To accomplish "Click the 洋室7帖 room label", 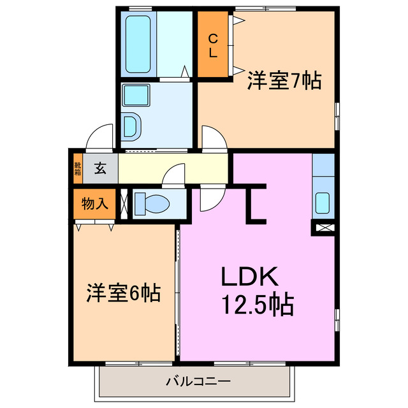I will pos(284,82).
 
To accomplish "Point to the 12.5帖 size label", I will pos(258,305).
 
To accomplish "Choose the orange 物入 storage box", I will pos(94,204).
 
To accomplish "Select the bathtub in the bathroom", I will pos(138,44).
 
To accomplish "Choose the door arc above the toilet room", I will pos(174,176).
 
